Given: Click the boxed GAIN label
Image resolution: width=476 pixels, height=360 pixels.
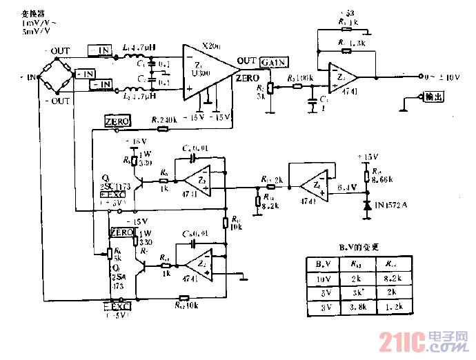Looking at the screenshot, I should pyautogui.click(x=274, y=62).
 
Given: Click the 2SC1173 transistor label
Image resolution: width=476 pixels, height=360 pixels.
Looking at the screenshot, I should pyautogui.click(x=115, y=187).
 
